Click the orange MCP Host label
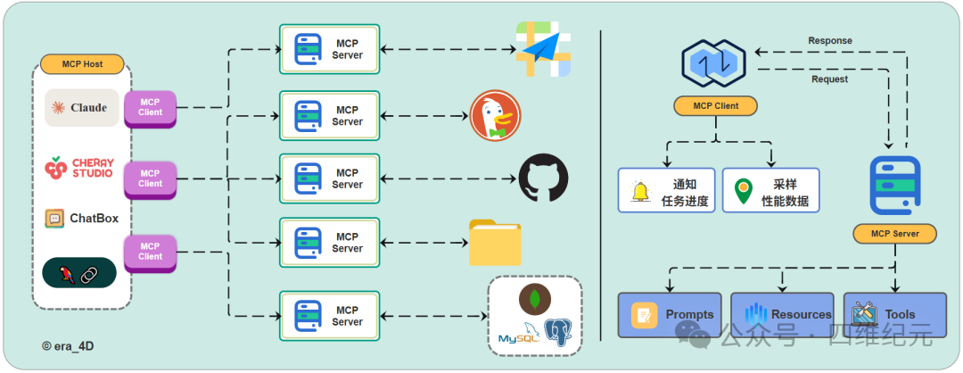[82, 64]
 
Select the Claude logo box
[82, 108]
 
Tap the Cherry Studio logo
[79, 169]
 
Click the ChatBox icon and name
[82, 218]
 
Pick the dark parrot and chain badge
[79, 272]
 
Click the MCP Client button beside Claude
[151, 109]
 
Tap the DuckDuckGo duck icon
[495, 115]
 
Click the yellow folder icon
[495, 242]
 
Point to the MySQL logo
[519, 334]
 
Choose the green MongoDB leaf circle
[535, 299]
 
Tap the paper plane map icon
[543, 49]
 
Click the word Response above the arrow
[830, 40]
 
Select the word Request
[830, 79]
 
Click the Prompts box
[670, 315]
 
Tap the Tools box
[895, 315]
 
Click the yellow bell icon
[640, 191]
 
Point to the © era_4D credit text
[68, 346]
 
